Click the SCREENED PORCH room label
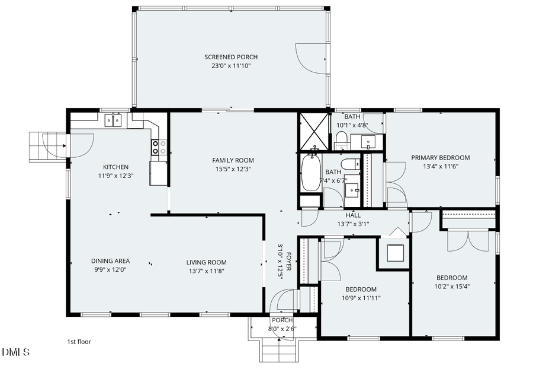[x=231, y=57]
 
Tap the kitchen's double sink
[x=113, y=120]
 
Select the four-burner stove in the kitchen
[x=159, y=147]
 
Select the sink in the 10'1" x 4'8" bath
[x=367, y=142]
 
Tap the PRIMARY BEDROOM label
[x=440, y=158]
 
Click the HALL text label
[x=353, y=215]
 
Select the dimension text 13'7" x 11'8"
[x=206, y=271]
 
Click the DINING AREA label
[x=110, y=261]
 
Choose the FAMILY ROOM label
[x=233, y=160]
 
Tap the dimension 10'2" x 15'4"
[x=452, y=287]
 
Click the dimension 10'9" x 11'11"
[x=361, y=298]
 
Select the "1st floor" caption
[x=79, y=342]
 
